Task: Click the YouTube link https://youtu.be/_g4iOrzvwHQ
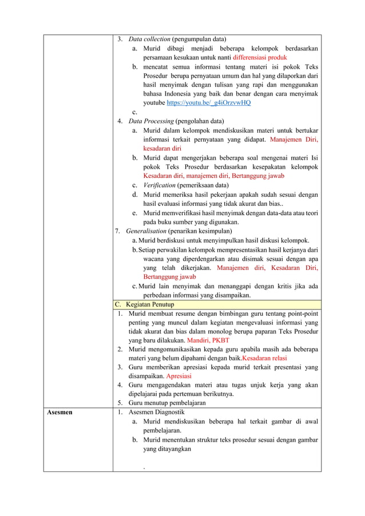point(208,103)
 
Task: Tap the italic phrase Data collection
point(149,39)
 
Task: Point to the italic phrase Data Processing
point(150,121)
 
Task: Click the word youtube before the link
point(154,103)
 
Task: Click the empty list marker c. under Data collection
point(134,112)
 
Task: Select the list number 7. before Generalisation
point(117,231)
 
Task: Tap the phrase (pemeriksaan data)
point(202,185)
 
